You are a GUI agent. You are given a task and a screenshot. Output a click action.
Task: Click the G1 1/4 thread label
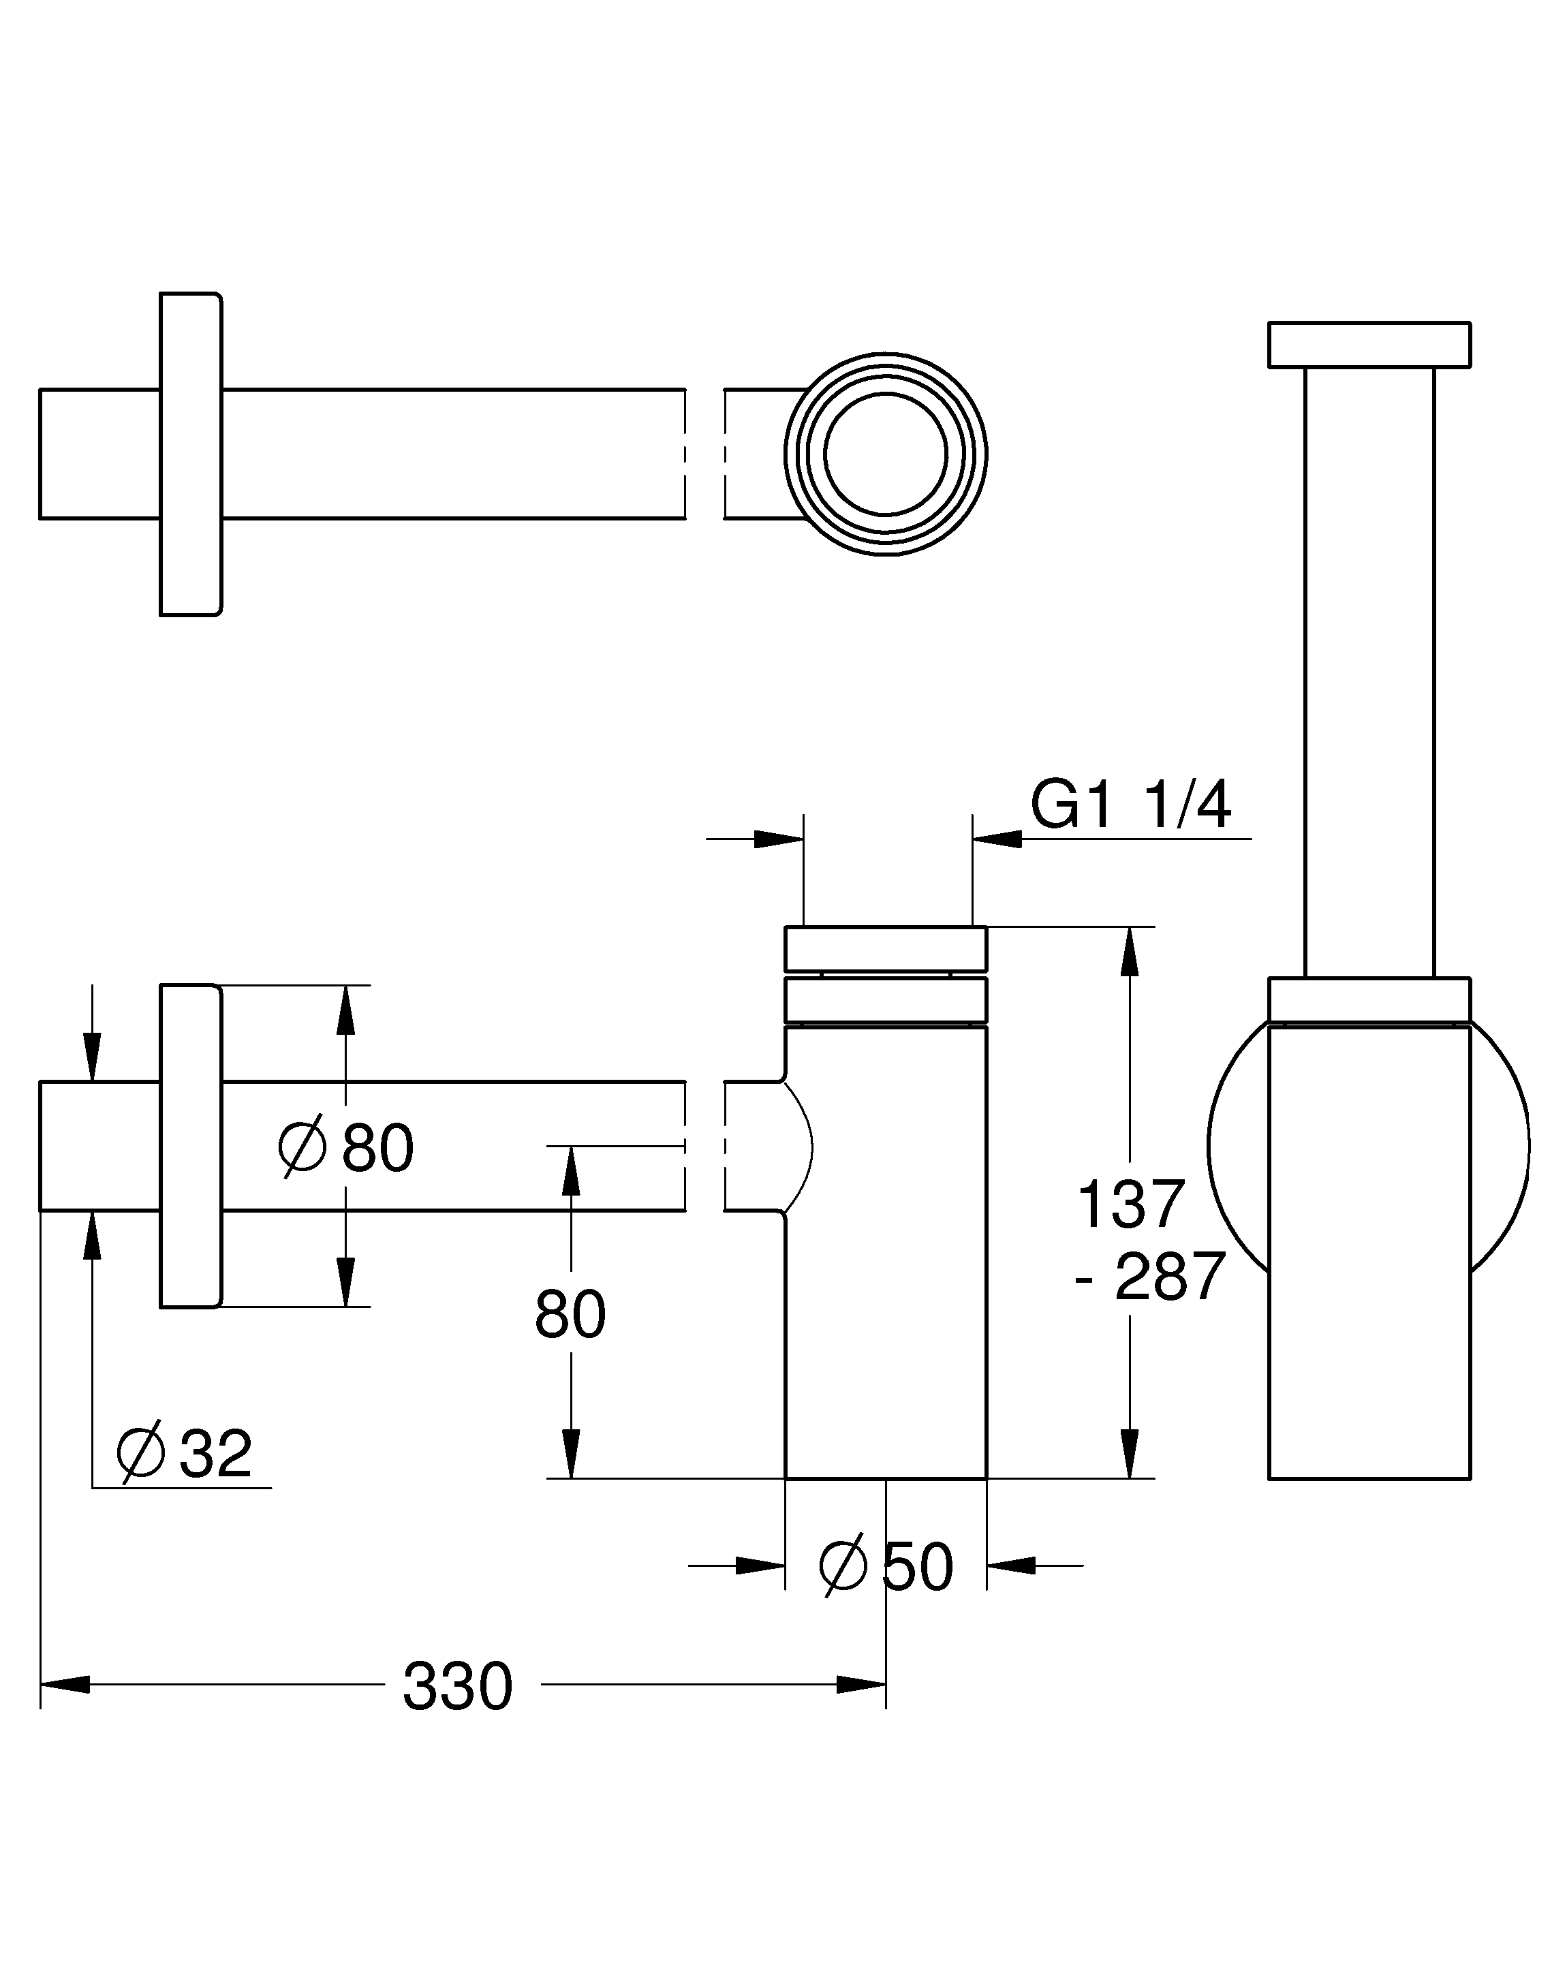pyautogui.click(x=1130, y=805)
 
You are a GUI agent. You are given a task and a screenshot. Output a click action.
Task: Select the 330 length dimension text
pyautogui.click(x=458, y=1686)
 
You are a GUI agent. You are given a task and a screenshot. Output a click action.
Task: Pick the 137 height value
pyautogui.click(x=1130, y=1204)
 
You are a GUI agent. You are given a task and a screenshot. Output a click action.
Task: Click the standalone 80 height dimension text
pyautogui.click(x=570, y=1314)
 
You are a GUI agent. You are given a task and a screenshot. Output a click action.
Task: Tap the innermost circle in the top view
pyautogui.click(x=886, y=453)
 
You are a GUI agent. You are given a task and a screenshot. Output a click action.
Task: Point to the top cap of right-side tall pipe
pyautogui.click(x=1369, y=344)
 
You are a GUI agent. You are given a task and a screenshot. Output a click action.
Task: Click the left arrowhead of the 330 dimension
pyautogui.click(x=65, y=1685)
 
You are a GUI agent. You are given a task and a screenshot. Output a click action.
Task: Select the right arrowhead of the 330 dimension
pyautogui.click(x=861, y=1685)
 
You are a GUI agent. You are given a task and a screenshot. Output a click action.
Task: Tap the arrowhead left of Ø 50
pyautogui.click(x=760, y=1566)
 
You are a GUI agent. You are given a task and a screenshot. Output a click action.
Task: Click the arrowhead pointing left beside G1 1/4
pyautogui.click(x=998, y=838)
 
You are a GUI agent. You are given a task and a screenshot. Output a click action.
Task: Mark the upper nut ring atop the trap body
pyautogui.click(x=886, y=948)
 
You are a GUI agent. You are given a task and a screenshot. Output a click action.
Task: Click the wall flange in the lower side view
pyautogui.click(x=190, y=1146)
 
